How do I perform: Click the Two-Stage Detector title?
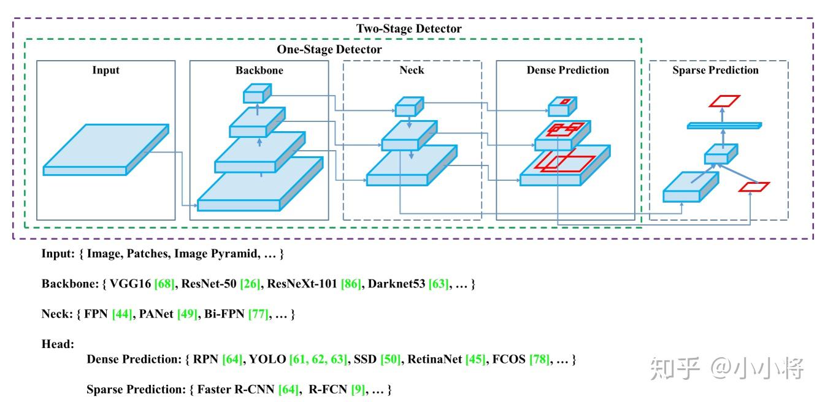click(x=409, y=29)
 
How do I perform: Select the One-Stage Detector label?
click(x=329, y=49)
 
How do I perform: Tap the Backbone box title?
click(x=259, y=70)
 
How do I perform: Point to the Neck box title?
click(x=412, y=70)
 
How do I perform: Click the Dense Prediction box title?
click(x=567, y=70)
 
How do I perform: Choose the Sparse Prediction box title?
click(x=715, y=70)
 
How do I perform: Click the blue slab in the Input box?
click(x=106, y=150)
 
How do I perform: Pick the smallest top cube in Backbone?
click(x=258, y=93)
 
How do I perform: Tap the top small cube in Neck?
click(x=409, y=107)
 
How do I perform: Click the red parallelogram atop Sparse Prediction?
click(x=724, y=101)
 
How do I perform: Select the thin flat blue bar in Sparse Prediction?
click(x=724, y=126)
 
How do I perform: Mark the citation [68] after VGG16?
click(x=164, y=284)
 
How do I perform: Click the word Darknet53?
click(x=396, y=284)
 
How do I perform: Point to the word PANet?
click(x=156, y=314)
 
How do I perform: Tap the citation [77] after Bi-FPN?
click(x=258, y=314)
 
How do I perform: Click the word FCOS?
click(x=508, y=359)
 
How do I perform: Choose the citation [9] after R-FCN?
click(x=358, y=390)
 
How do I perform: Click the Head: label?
click(x=58, y=344)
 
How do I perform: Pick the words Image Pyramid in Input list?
click(x=216, y=254)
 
